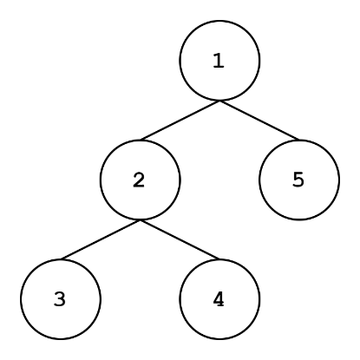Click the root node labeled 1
219,61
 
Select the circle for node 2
141,180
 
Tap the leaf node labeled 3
61,299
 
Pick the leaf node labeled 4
219,299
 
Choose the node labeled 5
299,180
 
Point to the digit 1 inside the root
219,61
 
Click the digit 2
139,180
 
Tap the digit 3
60,299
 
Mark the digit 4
219,299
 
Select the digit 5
298,180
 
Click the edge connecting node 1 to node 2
180,121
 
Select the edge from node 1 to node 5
259,121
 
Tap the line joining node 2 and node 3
101,239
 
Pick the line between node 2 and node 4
180,239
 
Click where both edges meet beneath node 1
219,101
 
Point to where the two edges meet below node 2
141,220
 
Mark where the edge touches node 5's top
299,140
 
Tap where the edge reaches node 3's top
61,259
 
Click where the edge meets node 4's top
219,259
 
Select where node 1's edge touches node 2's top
141,140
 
